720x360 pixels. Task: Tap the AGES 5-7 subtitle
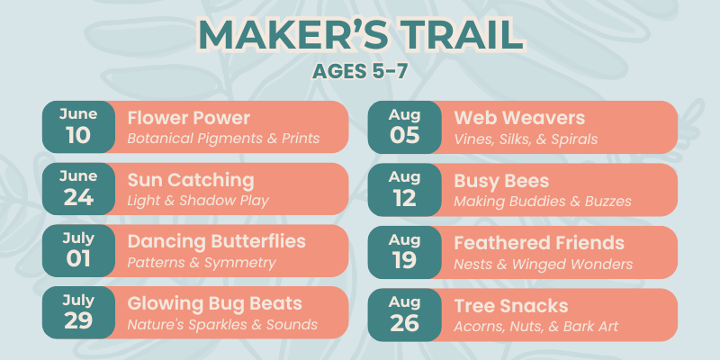coord(360,72)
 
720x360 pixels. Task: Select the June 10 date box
coord(78,127)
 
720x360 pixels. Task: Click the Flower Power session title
coord(189,119)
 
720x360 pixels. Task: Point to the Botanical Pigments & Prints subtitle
coord(223,139)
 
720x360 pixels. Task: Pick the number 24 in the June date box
coord(78,198)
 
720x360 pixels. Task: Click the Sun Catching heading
coord(191,181)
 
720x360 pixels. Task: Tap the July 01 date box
coord(78,251)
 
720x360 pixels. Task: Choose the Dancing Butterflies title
coord(216,241)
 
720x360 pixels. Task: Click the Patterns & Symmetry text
coord(202,263)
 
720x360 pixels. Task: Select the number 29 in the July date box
coord(78,322)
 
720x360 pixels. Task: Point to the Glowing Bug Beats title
coord(214,303)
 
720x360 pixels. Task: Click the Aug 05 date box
coord(404,127)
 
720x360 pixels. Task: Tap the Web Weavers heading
coord(519,119)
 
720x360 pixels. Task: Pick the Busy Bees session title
coord(501,182)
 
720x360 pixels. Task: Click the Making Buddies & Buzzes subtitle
coord(543,201)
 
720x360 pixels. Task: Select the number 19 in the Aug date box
coord(404,261)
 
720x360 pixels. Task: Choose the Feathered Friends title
coord(539,243)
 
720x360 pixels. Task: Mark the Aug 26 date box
coord(404,314)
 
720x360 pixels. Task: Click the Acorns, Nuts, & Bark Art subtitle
coord(535,327)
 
